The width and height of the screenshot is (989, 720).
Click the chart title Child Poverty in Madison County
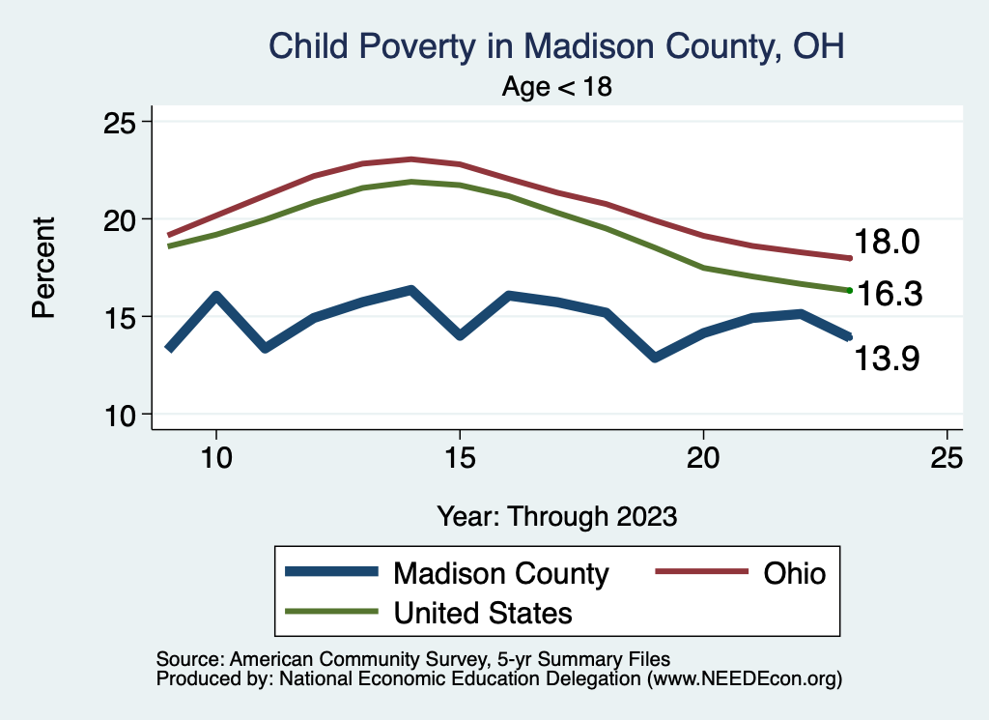555,46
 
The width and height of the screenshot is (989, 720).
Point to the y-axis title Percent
42,268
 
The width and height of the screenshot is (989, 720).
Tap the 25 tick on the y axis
121,122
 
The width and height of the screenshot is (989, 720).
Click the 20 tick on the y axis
121,219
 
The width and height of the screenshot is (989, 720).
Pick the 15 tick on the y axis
121,317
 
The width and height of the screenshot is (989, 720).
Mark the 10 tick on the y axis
121,415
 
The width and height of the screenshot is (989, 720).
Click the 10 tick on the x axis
215,458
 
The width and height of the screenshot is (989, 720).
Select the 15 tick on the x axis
459,458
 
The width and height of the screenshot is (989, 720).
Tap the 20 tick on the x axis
703,458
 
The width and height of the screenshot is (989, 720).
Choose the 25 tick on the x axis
947,458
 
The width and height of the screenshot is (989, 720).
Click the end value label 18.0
887,243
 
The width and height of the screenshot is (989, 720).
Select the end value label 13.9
887,360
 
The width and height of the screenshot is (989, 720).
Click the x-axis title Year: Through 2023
556,515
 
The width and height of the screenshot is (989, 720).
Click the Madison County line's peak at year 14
410,290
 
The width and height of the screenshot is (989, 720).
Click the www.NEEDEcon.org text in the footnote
744,679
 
